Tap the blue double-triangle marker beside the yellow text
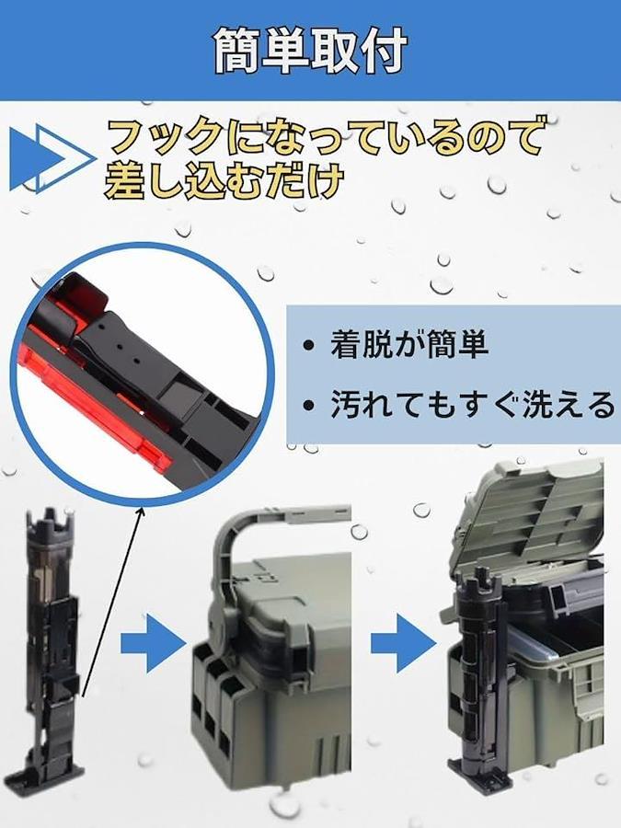pos(52,159)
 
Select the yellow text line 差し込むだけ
pos(224,180)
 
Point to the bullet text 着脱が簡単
pos(409,344)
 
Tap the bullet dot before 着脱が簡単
pos(308,346)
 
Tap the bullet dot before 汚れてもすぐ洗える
pos(308,406)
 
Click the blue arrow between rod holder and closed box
pos(153,643)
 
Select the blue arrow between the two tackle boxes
pos(403,643)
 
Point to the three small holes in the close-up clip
pos(121,348)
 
